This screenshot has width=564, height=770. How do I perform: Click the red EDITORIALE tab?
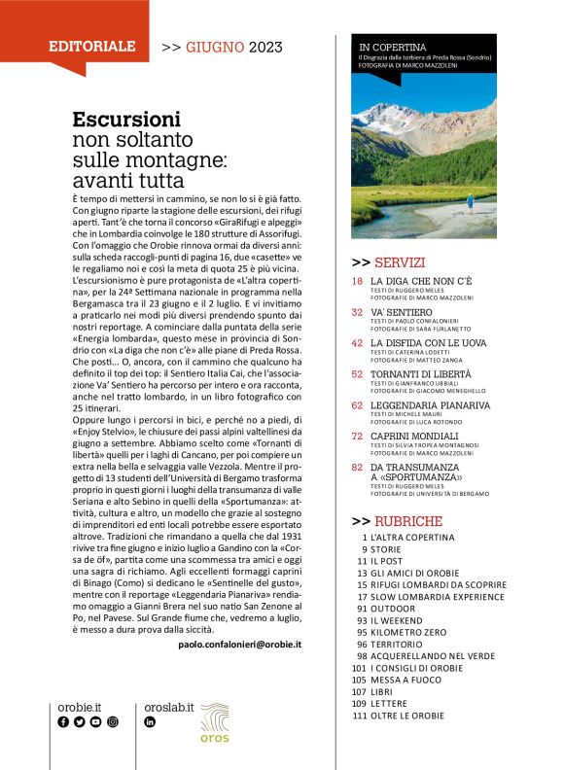pos(92,46)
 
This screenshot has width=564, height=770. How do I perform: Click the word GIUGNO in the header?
pos(215,46)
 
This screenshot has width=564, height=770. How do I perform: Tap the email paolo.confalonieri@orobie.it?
pos(240,644)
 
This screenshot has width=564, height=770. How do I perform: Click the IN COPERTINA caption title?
pos(393,47)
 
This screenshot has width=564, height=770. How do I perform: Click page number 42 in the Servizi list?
pos(357,342)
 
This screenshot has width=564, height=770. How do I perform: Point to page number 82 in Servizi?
pos(357,467)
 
